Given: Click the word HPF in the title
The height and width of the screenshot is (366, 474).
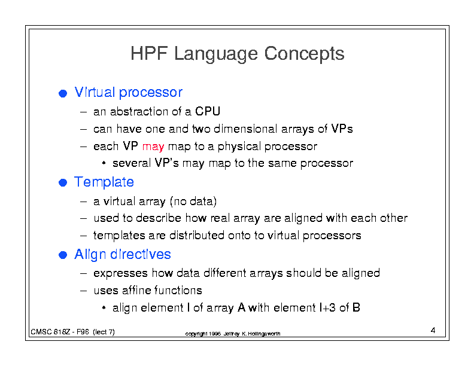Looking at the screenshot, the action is (x=149, y=53).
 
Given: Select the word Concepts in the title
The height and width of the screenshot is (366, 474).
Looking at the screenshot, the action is (x=304, y=54).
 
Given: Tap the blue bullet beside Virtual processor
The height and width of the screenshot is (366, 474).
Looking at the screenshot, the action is (x=63, y=93).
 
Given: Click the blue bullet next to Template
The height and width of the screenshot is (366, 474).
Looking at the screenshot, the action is (x=63, y=182).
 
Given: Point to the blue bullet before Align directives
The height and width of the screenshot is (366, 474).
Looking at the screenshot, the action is (x=63, y=255).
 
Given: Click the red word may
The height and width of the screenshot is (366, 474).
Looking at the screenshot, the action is (x=153, y=147).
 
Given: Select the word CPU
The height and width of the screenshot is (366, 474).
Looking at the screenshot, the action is (x=208, y=111).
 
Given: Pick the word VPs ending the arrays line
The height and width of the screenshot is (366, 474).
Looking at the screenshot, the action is (x=342, y=129).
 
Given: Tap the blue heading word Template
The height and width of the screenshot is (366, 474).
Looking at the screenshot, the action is (x=104, y=182).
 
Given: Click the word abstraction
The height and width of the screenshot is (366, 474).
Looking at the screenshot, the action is (x=139, y=111).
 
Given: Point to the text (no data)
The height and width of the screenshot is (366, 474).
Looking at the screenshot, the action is (x=193, y=202).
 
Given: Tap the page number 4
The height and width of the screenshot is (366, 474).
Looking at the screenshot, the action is (x=433, y=330).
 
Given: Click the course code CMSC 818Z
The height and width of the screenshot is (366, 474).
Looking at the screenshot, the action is (x=50, y=332).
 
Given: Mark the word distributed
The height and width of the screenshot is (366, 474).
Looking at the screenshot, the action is (x=197, y=235).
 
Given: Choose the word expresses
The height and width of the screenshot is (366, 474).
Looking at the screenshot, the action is (x=121, y=273).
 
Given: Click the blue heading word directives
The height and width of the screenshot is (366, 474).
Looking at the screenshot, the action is (x=141, y=254).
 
